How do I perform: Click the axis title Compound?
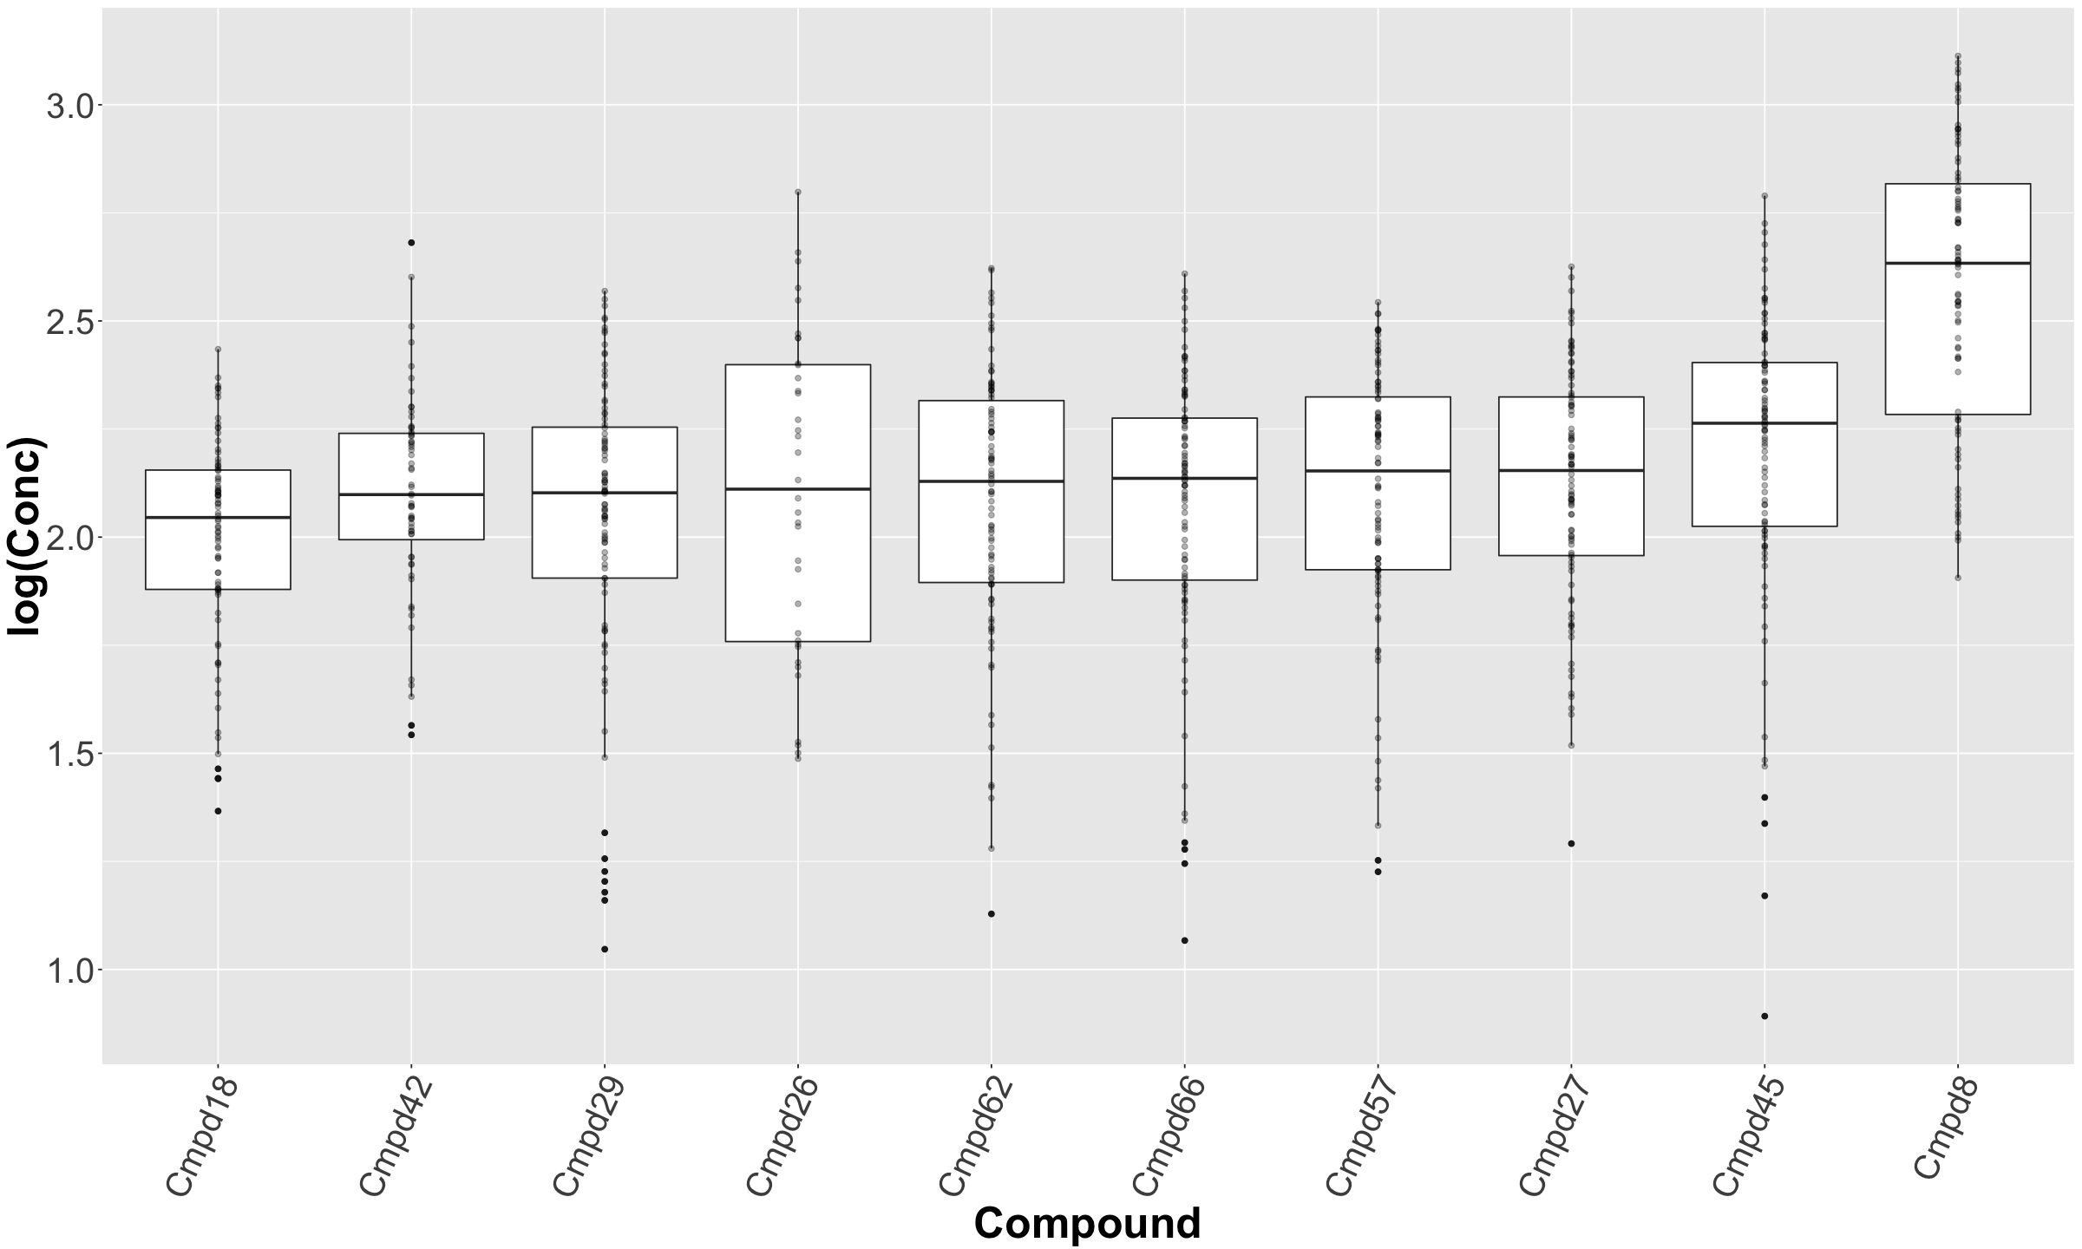[1087, 1224]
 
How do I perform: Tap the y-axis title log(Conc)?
[26, 538]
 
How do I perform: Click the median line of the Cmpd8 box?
[1958, 263]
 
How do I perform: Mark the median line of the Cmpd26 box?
[798, 489]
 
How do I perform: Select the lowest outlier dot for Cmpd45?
[1764, 1016]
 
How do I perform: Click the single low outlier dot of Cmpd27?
[1571, 843]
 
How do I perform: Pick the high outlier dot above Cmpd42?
[411, 243]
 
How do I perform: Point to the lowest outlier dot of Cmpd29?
[605, 949]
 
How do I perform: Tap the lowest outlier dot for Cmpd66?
[1184, 940]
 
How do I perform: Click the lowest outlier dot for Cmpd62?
[991, 913]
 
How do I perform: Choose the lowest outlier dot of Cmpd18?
[218, 811]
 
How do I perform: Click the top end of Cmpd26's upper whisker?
[798, 192]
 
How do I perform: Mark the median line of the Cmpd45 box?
[1764, 423]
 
